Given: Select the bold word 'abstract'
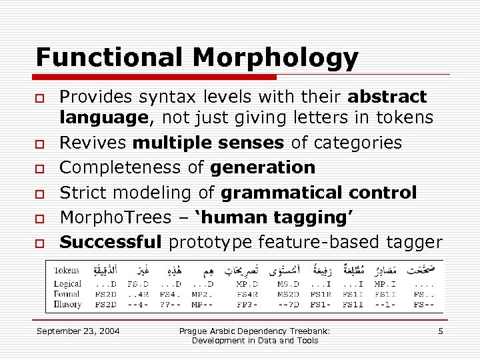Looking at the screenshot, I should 387,97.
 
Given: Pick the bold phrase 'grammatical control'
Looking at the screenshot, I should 319,193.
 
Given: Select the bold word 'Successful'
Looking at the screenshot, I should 111,241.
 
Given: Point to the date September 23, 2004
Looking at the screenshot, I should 78,331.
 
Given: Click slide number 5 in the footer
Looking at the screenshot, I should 440,331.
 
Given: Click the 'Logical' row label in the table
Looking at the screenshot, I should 68,283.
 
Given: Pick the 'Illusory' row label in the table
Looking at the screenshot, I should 68,305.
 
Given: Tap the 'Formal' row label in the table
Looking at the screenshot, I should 67,294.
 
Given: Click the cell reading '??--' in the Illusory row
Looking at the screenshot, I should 169,305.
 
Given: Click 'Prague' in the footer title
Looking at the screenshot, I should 194,331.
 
